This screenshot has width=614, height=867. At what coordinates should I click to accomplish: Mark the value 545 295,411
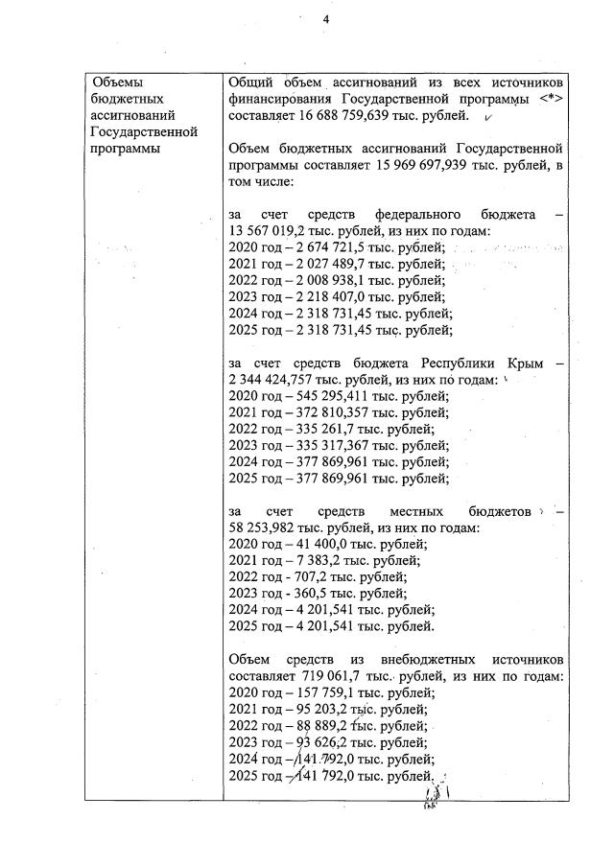point(326,396)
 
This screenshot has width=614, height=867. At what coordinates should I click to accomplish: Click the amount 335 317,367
point(326,445)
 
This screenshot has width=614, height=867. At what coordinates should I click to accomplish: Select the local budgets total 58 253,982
point(264,528)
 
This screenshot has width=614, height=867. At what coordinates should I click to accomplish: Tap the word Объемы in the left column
point(117,83)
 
